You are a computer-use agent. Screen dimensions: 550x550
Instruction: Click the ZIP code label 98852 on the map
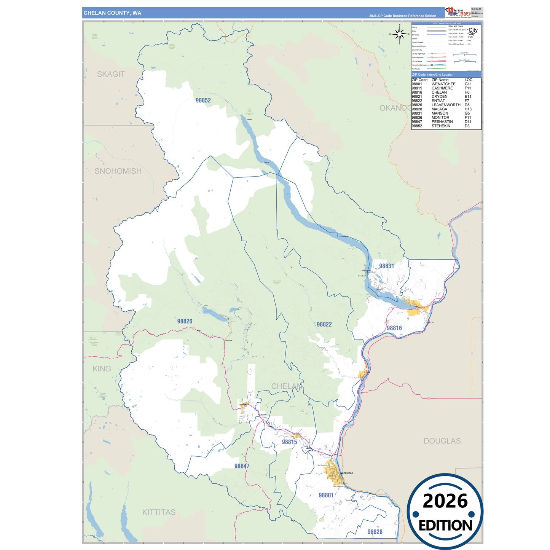pyautogui.click(x=203, y=100)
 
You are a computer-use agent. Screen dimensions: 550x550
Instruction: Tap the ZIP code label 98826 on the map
pyautogui.click(x=185, y=321)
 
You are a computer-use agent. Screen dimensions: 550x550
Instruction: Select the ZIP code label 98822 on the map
pyautogui.click(x=324, y=324)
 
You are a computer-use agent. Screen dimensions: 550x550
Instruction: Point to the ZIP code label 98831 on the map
pyautogui.click(x=386, y=266)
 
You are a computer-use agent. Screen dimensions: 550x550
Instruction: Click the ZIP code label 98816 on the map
pyautogui.click(x=394, y=328)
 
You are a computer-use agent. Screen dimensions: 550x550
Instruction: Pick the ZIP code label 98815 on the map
pyautogui.click(x=289, y=442)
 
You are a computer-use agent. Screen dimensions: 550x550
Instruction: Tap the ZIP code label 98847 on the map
pyautogui.click(x=242, y=466)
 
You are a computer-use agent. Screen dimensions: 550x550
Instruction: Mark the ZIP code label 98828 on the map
pyautogui.click(x=375, y=532)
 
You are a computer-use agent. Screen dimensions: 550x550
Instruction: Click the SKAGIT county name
pyautogui.click(x=111, y=74)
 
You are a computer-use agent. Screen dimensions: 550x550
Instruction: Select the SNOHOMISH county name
pyautogui.click(x=118, y=171)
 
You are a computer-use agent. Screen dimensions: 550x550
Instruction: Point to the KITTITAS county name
pyautogui.click(x=159, y=512)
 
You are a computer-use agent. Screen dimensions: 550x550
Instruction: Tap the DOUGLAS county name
pyautogui.click(x=442, y=441)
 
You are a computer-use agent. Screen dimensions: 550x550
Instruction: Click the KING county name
pyautogui.click(x=102, y=369)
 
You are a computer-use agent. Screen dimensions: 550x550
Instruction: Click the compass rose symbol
pyautogui.click(x=399, y=34)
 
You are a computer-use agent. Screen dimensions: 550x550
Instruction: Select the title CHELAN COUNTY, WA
pyautogui.click(x=112, y=13)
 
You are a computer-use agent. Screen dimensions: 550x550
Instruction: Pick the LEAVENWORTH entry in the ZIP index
pyautogui.click(x=446, y=105)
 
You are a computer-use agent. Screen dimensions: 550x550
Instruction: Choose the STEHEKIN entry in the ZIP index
pyautogui.click(x=441, y=126)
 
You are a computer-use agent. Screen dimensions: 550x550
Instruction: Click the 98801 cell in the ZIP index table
pyautogui.click(x=417, y=84)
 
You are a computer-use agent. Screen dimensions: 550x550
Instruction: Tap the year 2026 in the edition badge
pyautogui.click(x=445, y=501)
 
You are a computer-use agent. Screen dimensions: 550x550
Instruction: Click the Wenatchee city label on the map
pyautogui.click(x=346, y=473)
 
